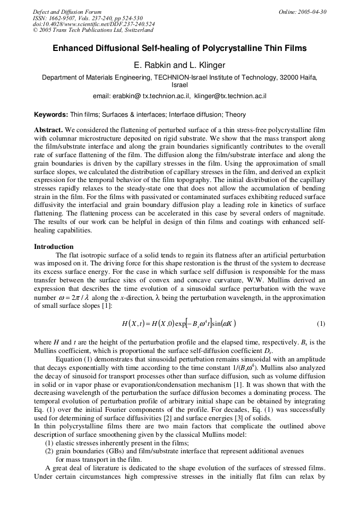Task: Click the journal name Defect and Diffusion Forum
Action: pyautogui.click(x=67, y=12)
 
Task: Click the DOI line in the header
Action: pyautogui.click(x=94, y=24)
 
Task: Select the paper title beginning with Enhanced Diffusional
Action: pyautogui.click(x=179, y=48)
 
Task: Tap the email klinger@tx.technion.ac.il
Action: pyautogui.click(x=230, y=96)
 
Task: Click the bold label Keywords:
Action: pyautogui.click(x=51, y=115)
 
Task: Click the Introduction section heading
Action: pyautogui.click(x=54, y=247)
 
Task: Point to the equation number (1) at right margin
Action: pyautogui.click(x=321, y=323)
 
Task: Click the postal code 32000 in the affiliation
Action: pyautogui.click(x=290, y=77)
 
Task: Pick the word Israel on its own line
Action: pyautogui.click(x=179, y=85)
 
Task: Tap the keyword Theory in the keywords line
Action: pyautogui.click(x=235, y=115)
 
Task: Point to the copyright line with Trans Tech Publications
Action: pyautogui.click(x=93, y=30)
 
